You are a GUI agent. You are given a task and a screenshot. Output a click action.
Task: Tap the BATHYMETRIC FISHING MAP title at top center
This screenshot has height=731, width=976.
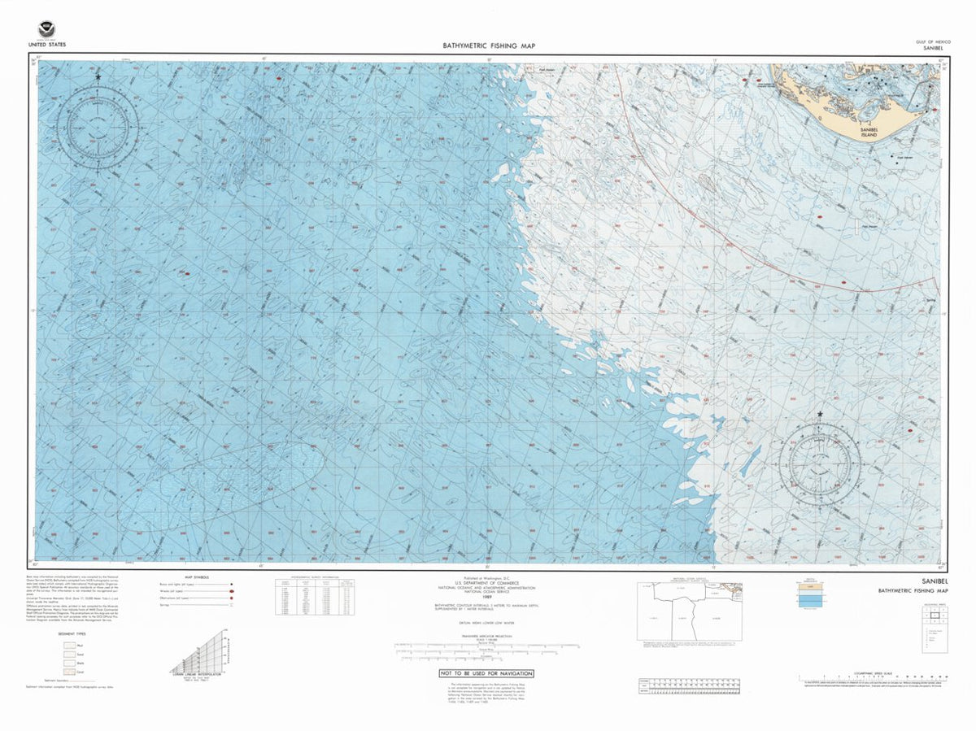488,46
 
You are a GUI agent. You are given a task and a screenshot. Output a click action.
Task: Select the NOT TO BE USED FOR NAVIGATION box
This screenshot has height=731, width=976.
486,674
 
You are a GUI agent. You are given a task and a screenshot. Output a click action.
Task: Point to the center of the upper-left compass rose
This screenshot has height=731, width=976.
97,128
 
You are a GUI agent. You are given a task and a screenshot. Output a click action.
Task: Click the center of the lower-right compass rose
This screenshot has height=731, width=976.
819,465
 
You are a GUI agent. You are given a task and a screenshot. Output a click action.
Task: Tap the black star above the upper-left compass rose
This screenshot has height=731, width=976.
98,77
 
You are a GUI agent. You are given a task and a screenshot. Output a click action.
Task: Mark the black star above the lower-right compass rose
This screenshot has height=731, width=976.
819,415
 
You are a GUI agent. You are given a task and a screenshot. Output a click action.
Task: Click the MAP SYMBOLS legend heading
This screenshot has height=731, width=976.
196,577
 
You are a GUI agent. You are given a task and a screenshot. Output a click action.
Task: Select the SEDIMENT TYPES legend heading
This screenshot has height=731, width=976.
72,632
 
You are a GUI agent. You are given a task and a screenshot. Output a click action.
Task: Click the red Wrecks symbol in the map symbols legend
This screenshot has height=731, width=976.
232,591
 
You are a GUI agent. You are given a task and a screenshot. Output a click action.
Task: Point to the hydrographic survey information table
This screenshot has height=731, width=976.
316,596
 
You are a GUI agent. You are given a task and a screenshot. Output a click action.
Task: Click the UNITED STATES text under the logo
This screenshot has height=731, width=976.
47,45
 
